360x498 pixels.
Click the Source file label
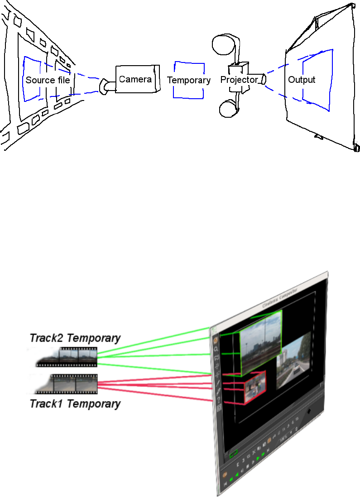click(48, 80)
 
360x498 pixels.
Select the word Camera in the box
click(135, 79)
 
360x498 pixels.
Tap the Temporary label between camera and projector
click(189, 80)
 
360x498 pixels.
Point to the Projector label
click(239, 80)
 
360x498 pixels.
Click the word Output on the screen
click(302, 80)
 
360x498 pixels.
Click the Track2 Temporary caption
click(75, 338)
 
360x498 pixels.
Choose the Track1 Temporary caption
click(75, 403)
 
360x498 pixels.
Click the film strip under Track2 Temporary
click(68, 356)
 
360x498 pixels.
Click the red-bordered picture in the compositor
click(254, 387)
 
